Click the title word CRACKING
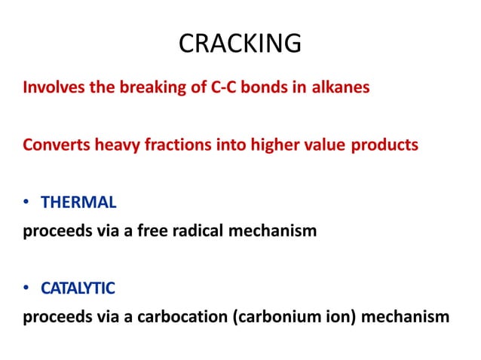(240, 44)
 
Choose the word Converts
(53, 145)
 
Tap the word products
(386, 145)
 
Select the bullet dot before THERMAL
(26, 203)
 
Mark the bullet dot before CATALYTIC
(26, 288)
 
